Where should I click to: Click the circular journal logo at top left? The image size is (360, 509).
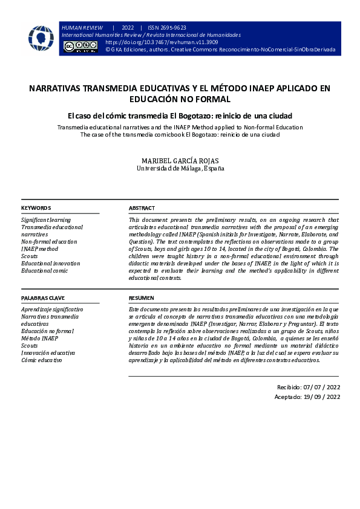pyautogui.click(x=41, y=37)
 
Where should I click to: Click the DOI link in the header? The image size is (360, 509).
pyautogui.click(x=162, y=43)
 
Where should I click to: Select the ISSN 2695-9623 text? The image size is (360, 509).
pyautogui.click(x=167, y=28)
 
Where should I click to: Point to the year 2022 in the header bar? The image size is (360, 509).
pyautogui.click(x=128, y=28)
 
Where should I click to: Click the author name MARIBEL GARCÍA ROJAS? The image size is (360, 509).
pyautogui.click(x=180, y=160)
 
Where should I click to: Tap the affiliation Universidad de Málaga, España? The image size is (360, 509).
pyautogui.click(x=180, y=169)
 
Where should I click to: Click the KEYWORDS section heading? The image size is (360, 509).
pyautogui.click(x=36, y=208)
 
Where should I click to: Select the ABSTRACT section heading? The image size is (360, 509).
pyautogui.click(x=142, y=208)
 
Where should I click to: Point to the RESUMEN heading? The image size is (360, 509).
pyautogui.click(x=141, y=298)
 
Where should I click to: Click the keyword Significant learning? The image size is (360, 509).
pyautogui.click(x=46, y=220)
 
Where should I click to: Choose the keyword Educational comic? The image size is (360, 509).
pyautogui.click(x=44, y=271)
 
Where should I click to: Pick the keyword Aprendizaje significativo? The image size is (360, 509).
pyautogui.click(x=52, y=310)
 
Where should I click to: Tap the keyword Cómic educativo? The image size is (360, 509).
pyautogui.click(x=41, y=360)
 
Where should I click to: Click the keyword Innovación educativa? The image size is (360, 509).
pyautogui.click(x=48, y=353)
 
